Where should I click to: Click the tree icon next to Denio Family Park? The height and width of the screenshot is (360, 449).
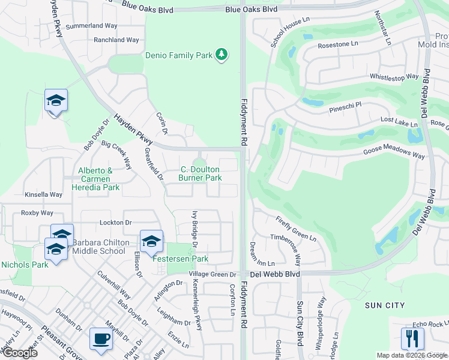[x=222, y=55]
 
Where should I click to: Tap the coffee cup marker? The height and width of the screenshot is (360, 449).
[x=100, y=338]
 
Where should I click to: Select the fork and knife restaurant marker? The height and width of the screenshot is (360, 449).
[x=412, y=338]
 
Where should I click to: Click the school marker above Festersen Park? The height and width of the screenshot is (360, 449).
[x=151, y=241]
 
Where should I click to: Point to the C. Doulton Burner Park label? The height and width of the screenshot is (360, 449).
[x=200, y=174]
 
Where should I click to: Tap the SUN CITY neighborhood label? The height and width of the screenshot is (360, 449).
[x=385, y=305]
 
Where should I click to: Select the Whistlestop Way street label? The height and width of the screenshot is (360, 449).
[x=394, y=77]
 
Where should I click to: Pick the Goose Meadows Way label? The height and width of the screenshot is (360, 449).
[x=394, y=154]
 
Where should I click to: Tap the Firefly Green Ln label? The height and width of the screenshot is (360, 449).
[x=297, y=229]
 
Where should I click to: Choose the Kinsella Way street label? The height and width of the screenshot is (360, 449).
[x=43, y=194]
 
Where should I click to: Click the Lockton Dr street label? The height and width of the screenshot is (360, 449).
[x=115, y=222]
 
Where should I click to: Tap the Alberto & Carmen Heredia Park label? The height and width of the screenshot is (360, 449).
[x=98, y=179]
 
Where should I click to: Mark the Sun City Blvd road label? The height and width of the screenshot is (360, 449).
[x=299, y=324]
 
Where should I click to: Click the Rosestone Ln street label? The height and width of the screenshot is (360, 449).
[x=337, y=44]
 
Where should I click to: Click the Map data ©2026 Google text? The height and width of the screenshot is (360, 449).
[x=411, y=355]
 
